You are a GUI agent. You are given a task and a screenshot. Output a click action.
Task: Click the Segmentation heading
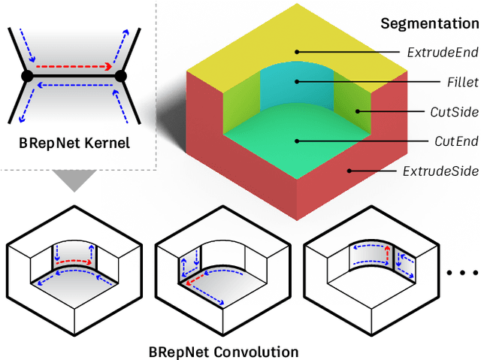429,23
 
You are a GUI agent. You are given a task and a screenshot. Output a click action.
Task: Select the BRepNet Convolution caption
222,351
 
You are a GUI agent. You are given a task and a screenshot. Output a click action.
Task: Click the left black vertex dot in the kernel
26,77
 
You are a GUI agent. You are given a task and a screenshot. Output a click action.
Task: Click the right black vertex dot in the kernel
120,77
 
